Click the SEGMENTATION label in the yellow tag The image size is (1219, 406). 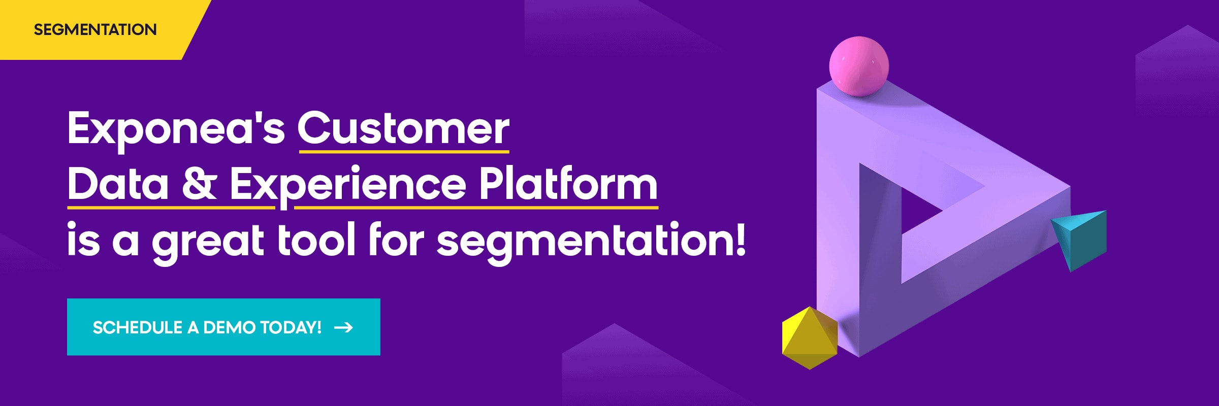click(x=95, y=29)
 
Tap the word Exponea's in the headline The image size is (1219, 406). click(x=176, y=129)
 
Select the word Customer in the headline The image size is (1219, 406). click(x=404, y=128)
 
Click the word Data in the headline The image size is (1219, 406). click(x=118, y=184)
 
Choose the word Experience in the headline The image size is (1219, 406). click(x=348, y=186)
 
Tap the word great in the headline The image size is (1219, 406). click(x=208, y=243)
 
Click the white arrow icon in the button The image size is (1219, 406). click(x=343, y=328)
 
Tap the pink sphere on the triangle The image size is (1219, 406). click(x=859, y=66)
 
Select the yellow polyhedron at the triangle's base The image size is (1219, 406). click(x=810, y=337)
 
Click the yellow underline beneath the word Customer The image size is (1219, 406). click(x=404, y=151)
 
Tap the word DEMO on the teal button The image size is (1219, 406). click(x=230, y=328)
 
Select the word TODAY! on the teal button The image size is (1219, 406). click(x=291, y=328)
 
